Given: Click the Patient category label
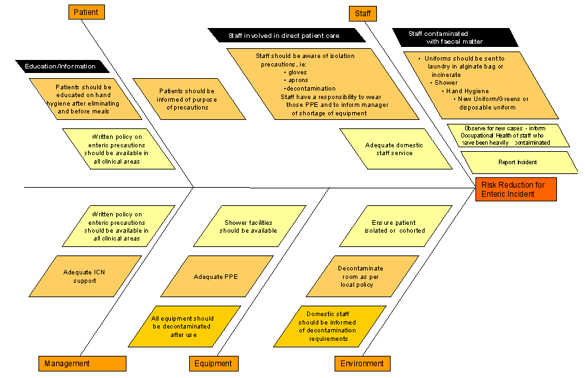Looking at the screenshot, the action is (x=87, y=12).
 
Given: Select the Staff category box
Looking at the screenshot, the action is (x=363, y=14).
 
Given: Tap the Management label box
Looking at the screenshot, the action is (x=82, y=364).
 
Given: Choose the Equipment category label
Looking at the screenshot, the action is (x=214, y=364).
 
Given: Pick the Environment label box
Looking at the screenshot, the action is (x=362, y=364).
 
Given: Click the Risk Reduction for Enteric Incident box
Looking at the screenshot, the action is (x=516, y=190).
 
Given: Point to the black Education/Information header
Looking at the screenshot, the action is (x=63, y=66).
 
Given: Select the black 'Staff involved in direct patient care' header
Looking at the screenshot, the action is (x=286, y=35).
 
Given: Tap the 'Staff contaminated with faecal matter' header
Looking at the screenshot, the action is (x=455, y=38).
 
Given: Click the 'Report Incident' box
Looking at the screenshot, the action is (x=519, y=162).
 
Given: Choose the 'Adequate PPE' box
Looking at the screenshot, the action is (x=217, y=276).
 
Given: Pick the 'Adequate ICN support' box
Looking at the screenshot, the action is (x=85, y=276).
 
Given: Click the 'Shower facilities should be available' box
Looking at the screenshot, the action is (x=250, y=226).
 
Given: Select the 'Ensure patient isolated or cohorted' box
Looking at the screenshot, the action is (x=395, y=226).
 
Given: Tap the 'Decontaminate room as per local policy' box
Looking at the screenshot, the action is (x=362, y=276).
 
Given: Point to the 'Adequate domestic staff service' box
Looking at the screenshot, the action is (x=395, y=149).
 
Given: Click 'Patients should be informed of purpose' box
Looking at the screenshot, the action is (x=188, y=99).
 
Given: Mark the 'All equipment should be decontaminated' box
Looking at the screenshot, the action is (x=185, y=327).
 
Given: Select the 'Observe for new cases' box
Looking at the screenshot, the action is (x=508, y=136).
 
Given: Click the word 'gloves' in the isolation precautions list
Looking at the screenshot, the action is (x=297, y=72).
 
